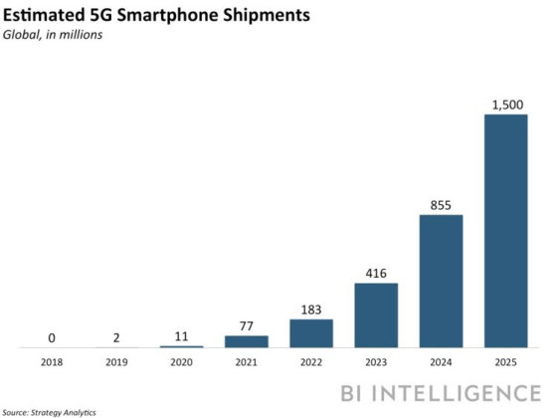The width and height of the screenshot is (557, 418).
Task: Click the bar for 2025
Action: [x=505, y=231]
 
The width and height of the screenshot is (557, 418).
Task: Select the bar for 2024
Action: [x=441, y=281]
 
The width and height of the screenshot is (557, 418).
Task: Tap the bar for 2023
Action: [x=376, y=315]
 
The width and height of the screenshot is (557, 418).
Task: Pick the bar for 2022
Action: [x=311, y=333]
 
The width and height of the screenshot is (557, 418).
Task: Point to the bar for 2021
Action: [x=247, y=341]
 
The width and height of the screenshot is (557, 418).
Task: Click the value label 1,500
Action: [x=505, y=104]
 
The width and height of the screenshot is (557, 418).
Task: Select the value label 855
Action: [x=441, y=203]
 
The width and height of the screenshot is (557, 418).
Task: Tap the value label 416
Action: [x=376, y=272]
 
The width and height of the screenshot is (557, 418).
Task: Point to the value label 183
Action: [x=311, y=309]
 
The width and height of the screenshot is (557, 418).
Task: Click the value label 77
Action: [x=247, y=324]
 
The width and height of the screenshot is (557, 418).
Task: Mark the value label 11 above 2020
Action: [x=182, y=335]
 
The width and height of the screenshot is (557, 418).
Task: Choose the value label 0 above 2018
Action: [x=53, y=336]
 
